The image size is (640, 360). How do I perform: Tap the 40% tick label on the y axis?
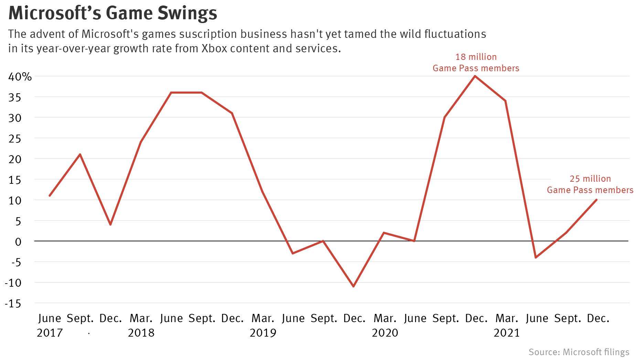click(x=20, y=76)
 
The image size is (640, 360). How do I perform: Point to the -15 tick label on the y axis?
click(x=13, y=304)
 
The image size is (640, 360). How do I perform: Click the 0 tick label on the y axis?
click(x=18, y=242)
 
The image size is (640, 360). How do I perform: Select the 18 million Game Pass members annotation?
click(x=476, y=62)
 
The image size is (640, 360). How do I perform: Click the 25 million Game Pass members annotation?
click(x=590, y=184)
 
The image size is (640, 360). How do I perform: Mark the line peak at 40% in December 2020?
click(x=475, y=76)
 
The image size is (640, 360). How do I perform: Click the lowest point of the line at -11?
click(x=353, y=286)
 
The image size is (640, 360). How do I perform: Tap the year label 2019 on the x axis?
click(x=263, y=333)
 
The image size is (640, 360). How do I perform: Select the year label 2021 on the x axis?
click(x=506, y=333)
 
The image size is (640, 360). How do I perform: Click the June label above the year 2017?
click(x=50, y=318)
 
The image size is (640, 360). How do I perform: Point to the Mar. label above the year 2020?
click(x=385, y=318)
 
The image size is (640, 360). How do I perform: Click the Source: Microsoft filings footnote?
click(x=579, y=352)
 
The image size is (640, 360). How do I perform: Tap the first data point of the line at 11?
click(x=50, y=195)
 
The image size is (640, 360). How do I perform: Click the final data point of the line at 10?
click(x=596, y=200)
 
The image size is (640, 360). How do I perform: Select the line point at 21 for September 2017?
click(x=80, y=154)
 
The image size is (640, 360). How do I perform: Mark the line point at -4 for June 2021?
click(x=536, y=257)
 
